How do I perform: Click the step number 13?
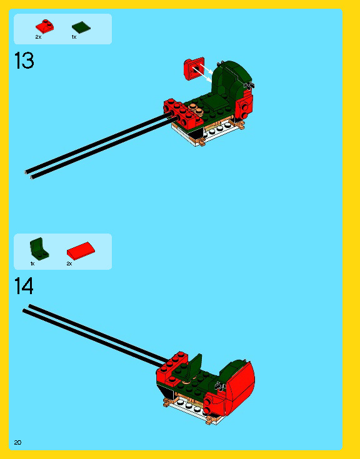(x=24, y=61)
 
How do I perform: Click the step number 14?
(x=24, y=286)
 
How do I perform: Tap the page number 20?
(x=17, y=442)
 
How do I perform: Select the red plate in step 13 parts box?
(x=44, y=27)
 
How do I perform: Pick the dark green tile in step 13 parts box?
(x=81, y=27)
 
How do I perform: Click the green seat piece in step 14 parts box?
(x=38, y=249)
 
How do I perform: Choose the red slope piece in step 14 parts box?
(x=81, y=250)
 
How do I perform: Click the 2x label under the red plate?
(x=38, y=37)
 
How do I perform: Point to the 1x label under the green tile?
(x=74, y=37)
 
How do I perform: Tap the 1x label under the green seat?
(x=32, y=264)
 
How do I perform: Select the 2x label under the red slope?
(x=69, y=264)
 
